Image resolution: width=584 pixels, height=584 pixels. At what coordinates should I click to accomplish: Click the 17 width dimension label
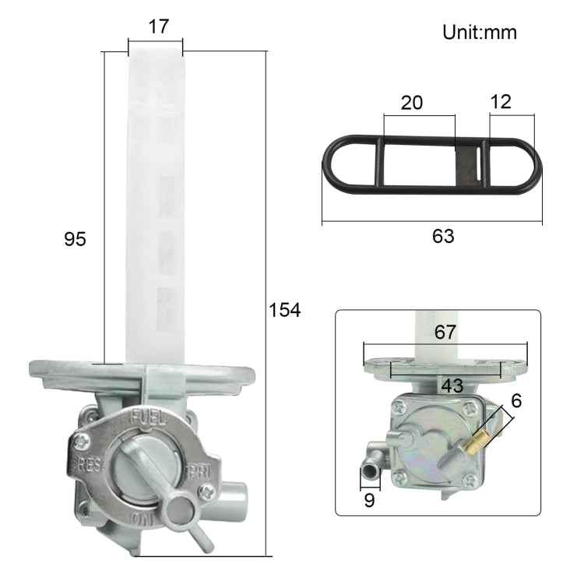tap(159, 26)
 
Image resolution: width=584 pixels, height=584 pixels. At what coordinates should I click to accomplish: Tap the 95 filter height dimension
tap(75, 239)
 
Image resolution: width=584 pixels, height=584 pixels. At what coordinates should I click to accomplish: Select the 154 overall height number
tap(284, 310)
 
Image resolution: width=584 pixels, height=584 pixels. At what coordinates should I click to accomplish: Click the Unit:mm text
tap(480, 33)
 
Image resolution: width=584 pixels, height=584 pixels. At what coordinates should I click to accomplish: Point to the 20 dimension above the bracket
tap(412, 103)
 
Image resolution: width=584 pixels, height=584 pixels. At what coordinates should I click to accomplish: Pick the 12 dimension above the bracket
tap(501, 102)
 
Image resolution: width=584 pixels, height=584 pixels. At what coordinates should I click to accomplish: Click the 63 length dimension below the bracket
tap(443, 236)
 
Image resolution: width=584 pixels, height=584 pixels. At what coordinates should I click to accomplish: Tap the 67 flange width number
tap(445, 332)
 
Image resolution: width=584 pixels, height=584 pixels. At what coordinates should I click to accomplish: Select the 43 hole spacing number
tap(452, 385)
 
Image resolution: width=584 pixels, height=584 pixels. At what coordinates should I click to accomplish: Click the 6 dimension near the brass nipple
tap(516, 401)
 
